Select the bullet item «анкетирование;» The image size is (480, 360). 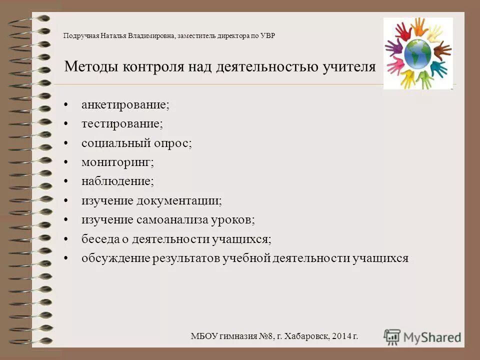[x=125, y=105]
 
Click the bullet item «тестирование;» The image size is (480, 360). [x=122, y=124]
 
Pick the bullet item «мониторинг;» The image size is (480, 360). [x=117, y=162]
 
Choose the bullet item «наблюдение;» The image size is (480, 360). [x=117, y=181]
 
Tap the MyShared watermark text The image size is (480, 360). [x=432, y=337]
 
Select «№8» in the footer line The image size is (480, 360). [x=264, y=336]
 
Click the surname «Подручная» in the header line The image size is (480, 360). [x=81, y=35]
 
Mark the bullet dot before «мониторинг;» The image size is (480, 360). [x=66, y=162]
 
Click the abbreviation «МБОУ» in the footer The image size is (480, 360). [x=205, y=336]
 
